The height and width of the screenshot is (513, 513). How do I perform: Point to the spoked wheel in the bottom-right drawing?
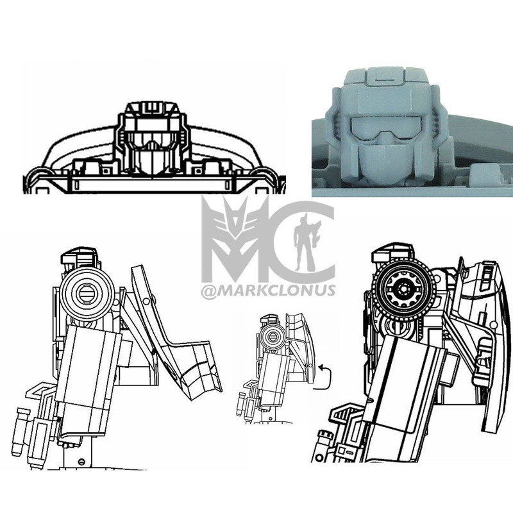[402, 290]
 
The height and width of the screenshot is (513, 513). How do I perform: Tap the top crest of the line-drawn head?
[153, 106]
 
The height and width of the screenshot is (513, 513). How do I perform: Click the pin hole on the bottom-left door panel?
[149, 301]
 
